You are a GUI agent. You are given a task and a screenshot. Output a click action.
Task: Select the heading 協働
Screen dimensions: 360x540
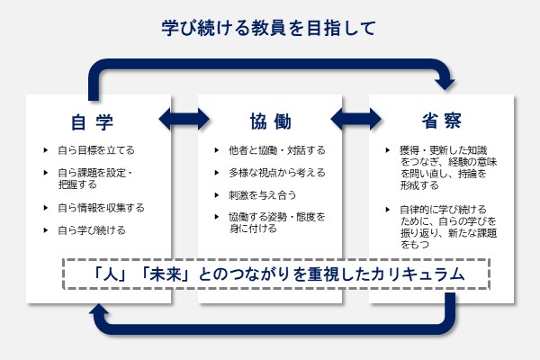pyautogui.click(x=269, y=121)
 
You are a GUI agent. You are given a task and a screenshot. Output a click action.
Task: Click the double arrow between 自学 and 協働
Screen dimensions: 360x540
pyautogui.click(x=183, y=118)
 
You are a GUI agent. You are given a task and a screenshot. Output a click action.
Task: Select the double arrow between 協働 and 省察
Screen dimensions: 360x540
pyautogui.click(x=356, y=118)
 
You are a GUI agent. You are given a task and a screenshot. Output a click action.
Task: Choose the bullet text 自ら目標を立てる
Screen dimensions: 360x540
pyautogui.click(x=95, y=150)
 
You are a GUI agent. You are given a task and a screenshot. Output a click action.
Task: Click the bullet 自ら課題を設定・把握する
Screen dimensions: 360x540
pyautogui.click(x=95, y=178)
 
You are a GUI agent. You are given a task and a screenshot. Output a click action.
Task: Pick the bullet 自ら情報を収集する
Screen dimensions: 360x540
pyautogui.click(x=100, y=208)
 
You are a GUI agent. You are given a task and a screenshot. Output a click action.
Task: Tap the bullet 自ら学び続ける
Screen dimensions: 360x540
pyautogui.click(x=91, y=230)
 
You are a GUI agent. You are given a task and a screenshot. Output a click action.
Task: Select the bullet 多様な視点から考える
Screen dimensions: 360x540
pyautogui.click(x=271, y=172)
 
